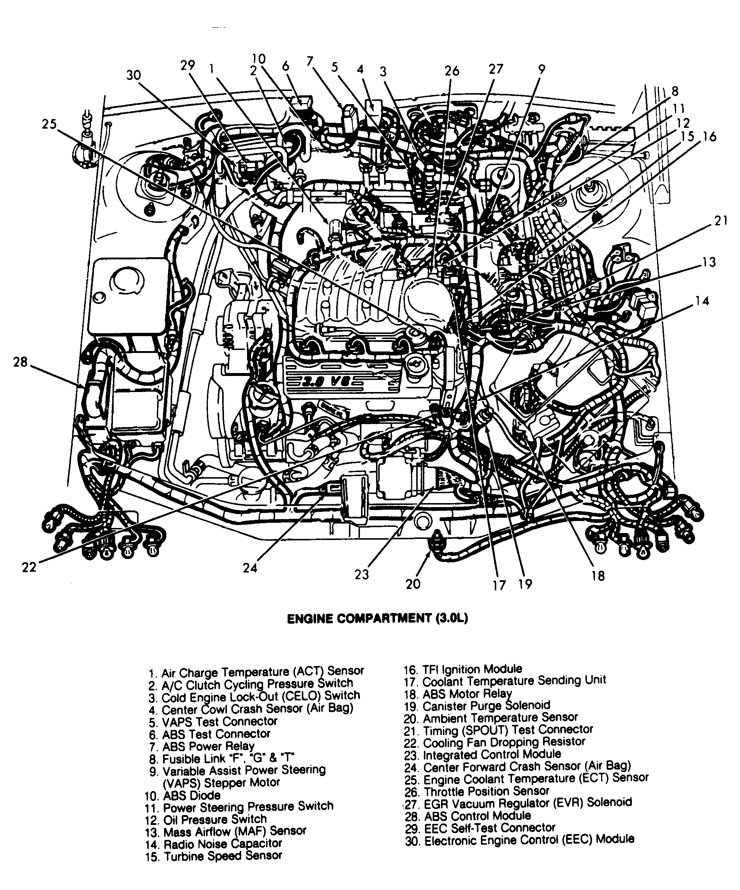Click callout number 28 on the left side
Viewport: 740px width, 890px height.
click(20, 362)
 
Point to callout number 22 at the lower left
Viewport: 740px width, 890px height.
click(29, 567)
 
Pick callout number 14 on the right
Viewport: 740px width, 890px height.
click(702, 301)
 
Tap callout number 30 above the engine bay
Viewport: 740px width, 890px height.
click(133, 75)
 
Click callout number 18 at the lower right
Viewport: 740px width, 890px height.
click(597, 575)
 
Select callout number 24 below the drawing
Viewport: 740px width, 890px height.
click(250, 568)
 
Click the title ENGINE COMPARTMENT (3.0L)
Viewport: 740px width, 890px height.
click(377, 619)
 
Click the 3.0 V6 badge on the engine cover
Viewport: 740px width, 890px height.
click(326, 382)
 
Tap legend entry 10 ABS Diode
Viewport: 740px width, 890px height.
click(183, 795)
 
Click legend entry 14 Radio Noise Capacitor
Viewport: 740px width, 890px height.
click(213, 844)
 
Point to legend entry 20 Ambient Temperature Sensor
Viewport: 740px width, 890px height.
click(491, 718)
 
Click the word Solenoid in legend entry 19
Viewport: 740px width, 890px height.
click(528, 705)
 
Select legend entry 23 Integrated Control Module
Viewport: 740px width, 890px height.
click(482, 755)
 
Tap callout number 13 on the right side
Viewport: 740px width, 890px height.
click(709, 262)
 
